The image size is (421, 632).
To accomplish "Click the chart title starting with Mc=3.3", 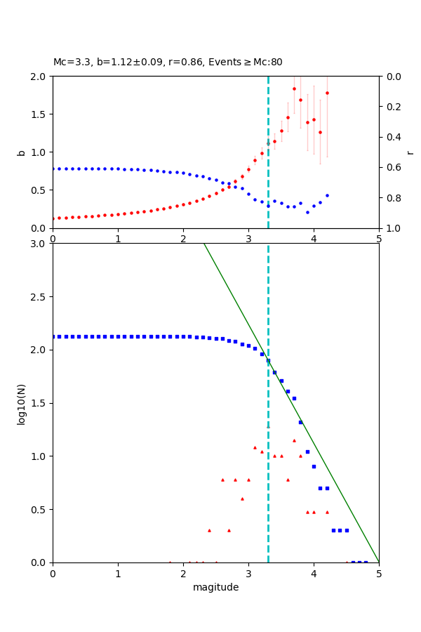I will tap(168, 62).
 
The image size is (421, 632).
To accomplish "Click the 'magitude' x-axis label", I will tap(215, 587).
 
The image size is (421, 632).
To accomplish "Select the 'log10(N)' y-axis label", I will tap(21, 403).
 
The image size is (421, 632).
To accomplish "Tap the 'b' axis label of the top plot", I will tap(21, 152).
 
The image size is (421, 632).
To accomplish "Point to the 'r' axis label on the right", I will tap(410, 152).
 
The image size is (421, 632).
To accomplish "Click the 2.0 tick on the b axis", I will tap(41, 76).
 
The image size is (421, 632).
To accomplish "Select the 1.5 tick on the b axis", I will tap(41, 114).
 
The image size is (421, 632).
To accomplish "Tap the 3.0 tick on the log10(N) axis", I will tap(41, 244).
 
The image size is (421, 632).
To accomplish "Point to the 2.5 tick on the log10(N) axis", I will tap(41, 297).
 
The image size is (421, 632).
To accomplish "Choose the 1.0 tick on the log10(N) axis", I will tap(41, 456).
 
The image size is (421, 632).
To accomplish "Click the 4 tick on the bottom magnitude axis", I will tap(314, 573).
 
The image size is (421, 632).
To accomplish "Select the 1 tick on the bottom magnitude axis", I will tap(118, 573).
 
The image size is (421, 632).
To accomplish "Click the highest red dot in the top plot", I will tap(294, 88).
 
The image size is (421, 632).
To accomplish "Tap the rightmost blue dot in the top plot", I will tap(327, 195).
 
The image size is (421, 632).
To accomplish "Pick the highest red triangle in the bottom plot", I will tap(268, 427).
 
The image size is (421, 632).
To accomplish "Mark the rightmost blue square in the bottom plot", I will tap(366, 562).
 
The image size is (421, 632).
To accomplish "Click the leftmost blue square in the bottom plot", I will tap(53, 336).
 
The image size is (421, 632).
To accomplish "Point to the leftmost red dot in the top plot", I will tap(53, 218).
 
